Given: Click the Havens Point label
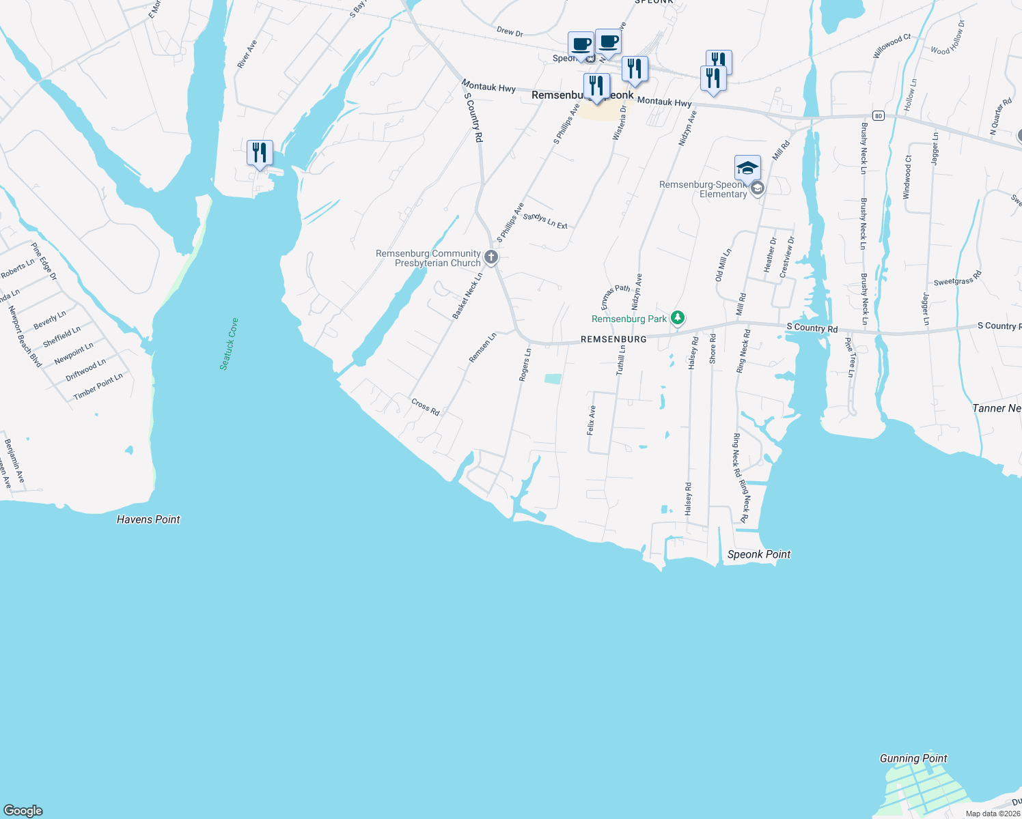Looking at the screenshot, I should (148, 519).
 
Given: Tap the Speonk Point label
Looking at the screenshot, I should (758, 554).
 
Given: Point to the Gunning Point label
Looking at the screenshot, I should (913, 758).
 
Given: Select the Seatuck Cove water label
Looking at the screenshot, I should (229, 344).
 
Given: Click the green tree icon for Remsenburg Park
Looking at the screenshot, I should (677, 318).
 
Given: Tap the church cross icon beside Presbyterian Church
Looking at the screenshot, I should (491, 257).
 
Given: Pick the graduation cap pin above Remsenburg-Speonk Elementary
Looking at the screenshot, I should (747, 168).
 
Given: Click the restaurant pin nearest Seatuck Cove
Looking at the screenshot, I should (260, 153).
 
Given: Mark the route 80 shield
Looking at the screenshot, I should (879, 116).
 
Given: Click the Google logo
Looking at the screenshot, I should (23, 810).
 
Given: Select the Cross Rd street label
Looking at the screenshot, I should (425, 407).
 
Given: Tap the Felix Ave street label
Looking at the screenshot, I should (592, 420).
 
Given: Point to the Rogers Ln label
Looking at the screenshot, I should (525, 364).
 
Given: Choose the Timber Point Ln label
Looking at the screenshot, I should (98, 386).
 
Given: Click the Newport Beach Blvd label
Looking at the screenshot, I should (25, 336).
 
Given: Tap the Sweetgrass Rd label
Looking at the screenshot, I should (957, 278).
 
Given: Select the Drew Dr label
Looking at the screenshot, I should (510, 31).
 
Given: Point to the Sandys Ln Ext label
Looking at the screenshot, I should (545, 220).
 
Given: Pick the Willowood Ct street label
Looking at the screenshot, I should (892, 46).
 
